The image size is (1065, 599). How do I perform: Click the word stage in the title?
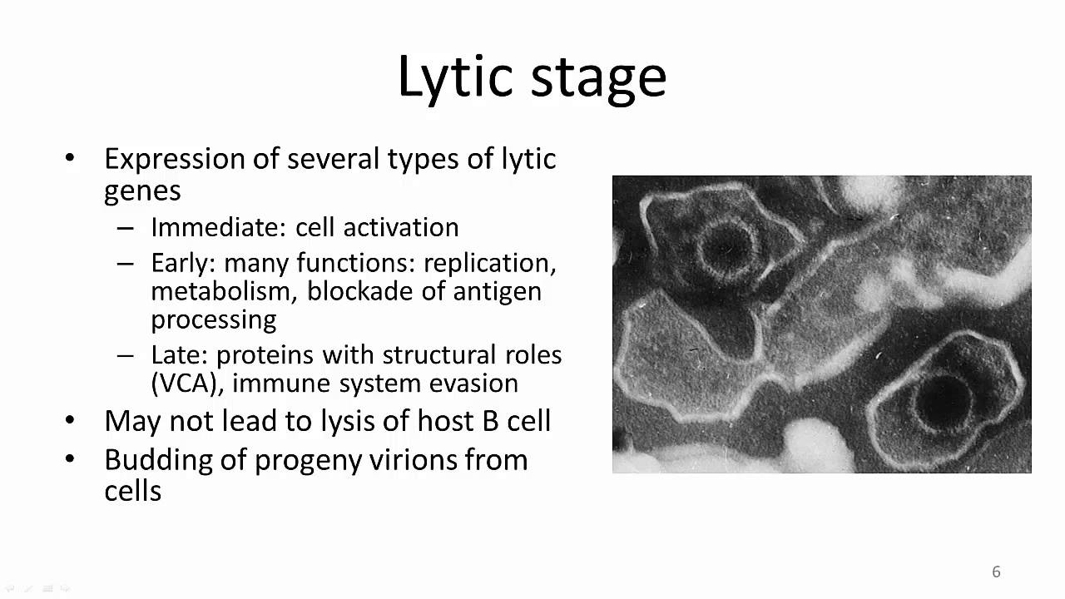pyautogui.click(x=598, y=77)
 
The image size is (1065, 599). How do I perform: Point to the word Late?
pyautogui.click(x=177, y=355)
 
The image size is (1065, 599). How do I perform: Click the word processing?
pyautogui.click(x=213, y=319)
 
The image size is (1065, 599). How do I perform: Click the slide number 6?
pyautogui.click(x=996, y=572)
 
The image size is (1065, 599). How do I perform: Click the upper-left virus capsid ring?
pyautogui.click(x=726, y=246)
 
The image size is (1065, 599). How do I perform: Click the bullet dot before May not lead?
pyautogui.click(x=70, y=421)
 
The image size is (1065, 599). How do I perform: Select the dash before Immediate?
pyautogui.click(x=125, y=228)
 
